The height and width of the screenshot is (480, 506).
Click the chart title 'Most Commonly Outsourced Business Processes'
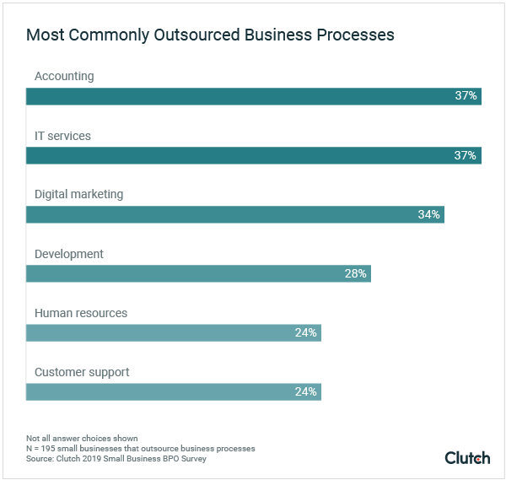[x=210, y=35]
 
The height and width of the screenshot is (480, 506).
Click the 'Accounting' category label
[x=64, y=77]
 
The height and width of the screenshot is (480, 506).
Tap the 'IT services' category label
[x=62, y=136]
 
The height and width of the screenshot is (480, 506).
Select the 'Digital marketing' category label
[x=78, y=195]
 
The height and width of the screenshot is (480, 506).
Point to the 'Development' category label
[x=69, y=254]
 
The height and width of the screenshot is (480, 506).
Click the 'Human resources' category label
[x=81, y=313]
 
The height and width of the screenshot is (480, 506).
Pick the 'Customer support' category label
[x=82, y=372]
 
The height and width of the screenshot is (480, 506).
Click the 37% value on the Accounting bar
[x=466, y=96]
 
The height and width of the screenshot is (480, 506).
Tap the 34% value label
[x=428, y=214]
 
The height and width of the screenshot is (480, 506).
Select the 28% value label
[x=355, y=273]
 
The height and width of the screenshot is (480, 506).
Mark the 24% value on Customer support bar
[x=305, y=391]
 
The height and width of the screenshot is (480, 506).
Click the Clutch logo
[x=467, y=457]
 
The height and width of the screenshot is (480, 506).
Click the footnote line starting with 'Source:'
[x=116, y=459]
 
